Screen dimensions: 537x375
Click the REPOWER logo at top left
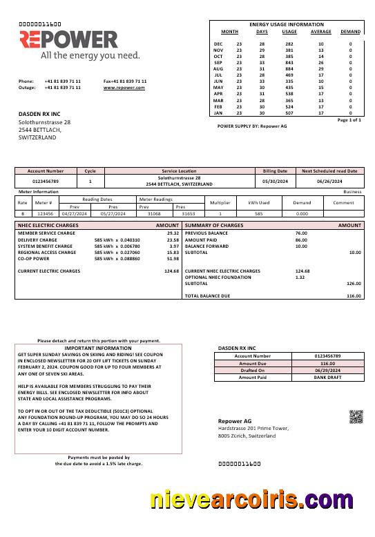click(68, 39)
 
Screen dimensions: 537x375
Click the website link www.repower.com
click(125, 88)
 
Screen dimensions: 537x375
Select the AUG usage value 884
click(289, 69)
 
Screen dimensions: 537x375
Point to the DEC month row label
click(218, 43)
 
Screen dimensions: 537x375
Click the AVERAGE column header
click(321, 32)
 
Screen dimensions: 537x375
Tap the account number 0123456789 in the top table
click(46, 181)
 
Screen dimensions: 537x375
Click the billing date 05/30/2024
click(275, 181)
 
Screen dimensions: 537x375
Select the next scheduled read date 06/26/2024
click(329, 181)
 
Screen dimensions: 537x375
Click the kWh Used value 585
click(258, 214)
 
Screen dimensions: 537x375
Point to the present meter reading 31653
click(189, 214)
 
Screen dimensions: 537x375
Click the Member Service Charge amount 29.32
click(172, 233)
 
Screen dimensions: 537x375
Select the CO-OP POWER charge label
click(37, 259)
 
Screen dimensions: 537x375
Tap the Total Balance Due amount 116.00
click(354, 295)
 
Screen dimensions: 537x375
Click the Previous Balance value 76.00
click(301, 233)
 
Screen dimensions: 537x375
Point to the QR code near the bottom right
click(356, 416)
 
